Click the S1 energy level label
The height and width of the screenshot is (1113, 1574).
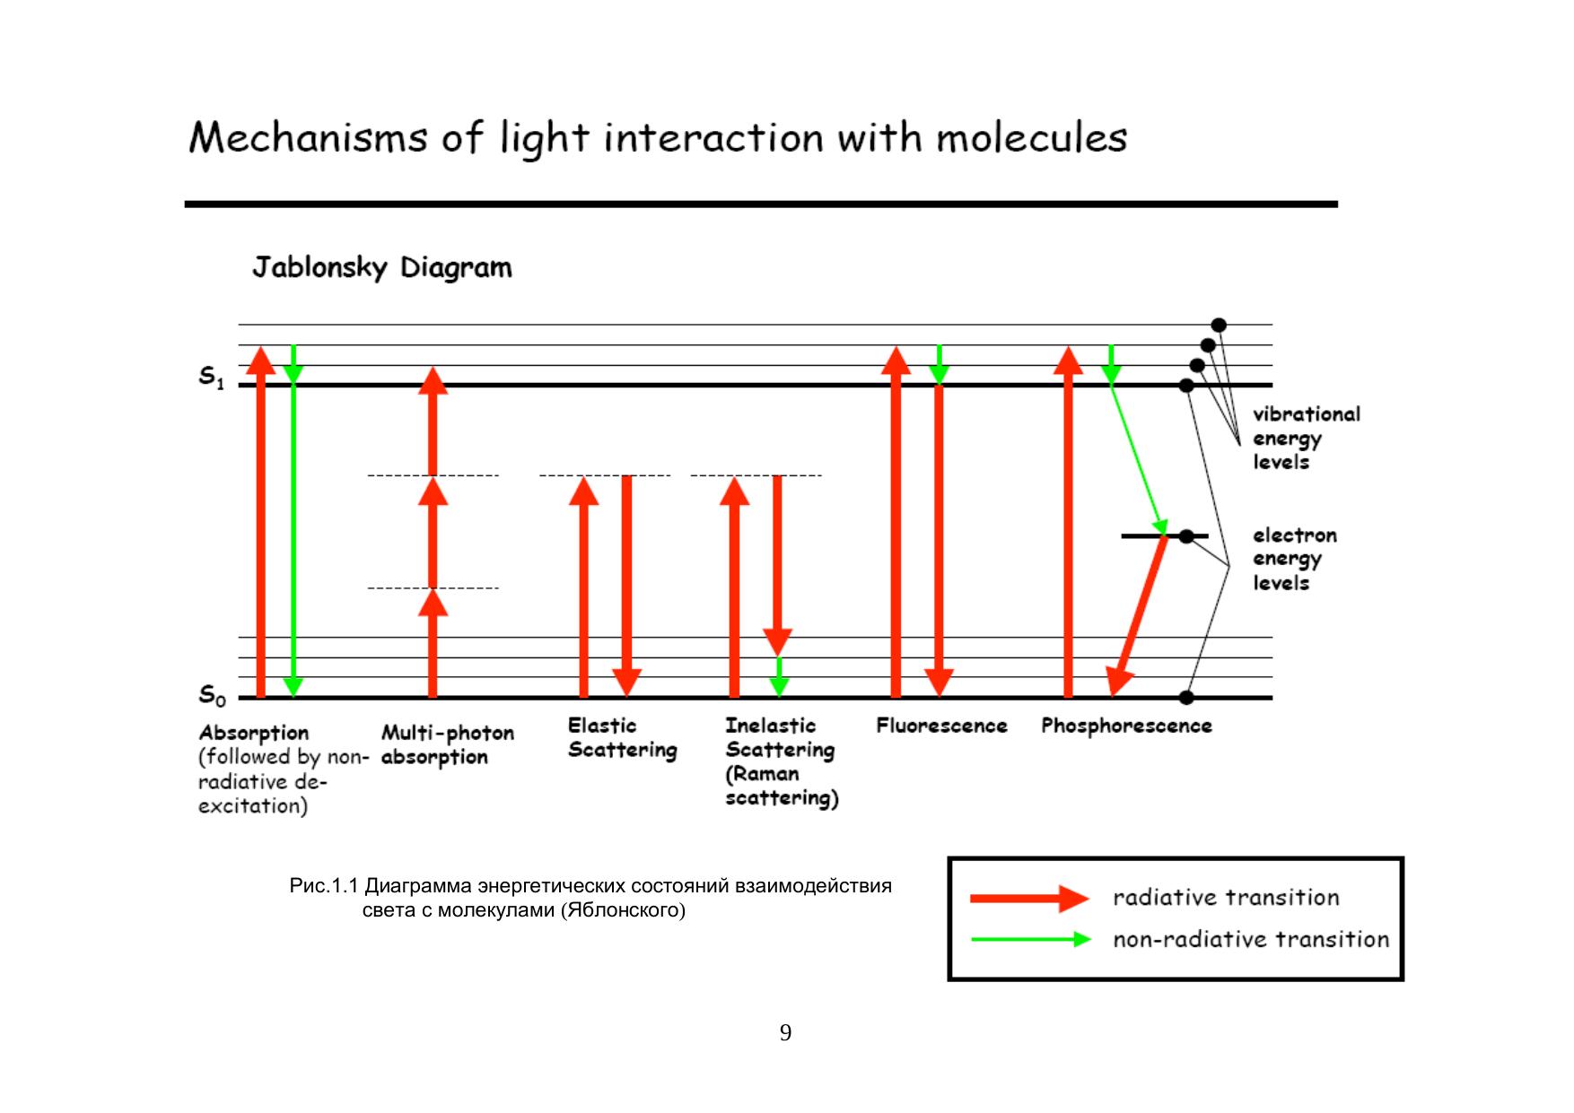[x=211, y=378]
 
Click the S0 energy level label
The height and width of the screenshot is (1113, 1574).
[x=211, y=695]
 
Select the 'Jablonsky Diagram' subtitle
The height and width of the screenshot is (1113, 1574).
[x=381, y=267]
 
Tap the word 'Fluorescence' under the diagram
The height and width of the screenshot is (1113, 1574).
[x=941, y=726]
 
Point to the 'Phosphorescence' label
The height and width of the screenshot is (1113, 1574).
[x=1126, y=726]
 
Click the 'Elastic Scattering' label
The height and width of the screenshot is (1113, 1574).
[x=622, y=738]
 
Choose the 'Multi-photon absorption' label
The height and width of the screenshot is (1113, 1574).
[x=447, y=745]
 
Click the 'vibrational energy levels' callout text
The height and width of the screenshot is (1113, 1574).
[x=1306, y=439]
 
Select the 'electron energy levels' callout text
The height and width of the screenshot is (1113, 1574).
[x=1294, y=559]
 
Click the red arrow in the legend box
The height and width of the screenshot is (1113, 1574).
[x=1028, y=898]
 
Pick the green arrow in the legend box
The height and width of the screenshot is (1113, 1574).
[x=1030, y=940]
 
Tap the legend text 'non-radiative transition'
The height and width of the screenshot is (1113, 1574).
[x=1250, y=940]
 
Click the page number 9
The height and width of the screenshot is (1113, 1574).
[x=785, y=1033]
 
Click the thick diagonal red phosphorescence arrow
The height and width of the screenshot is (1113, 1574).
[x=1138, y=614]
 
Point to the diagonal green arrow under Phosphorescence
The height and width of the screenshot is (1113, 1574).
[x=1138, y=457]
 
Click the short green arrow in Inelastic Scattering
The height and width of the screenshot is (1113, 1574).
[x=779, y=677]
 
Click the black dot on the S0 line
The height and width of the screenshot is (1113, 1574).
[x=1186, y=697]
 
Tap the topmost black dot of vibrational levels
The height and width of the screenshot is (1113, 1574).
[x=1218, y=325]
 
